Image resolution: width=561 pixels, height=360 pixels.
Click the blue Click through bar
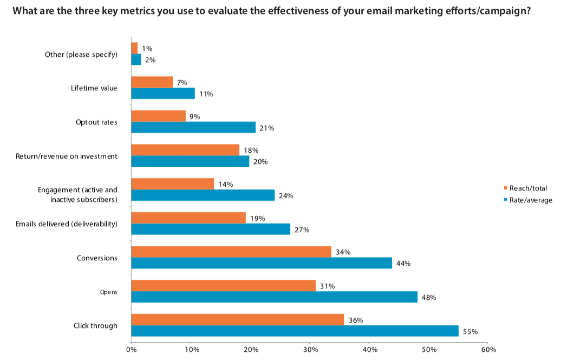295,331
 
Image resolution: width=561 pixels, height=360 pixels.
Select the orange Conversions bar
231,252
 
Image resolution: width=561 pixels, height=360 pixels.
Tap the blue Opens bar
275,297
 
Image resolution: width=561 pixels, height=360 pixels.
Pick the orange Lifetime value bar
152,82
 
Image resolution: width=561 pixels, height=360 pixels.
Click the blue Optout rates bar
193,127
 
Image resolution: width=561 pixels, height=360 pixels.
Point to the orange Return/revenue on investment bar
185,150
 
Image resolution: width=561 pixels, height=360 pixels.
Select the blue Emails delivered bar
211,229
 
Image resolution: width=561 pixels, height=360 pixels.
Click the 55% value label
470,332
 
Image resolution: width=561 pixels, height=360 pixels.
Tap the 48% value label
429,297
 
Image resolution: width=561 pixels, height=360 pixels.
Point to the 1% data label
147,48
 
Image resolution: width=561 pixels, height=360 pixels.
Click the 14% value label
225,184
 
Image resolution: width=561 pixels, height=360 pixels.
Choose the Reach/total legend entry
525,188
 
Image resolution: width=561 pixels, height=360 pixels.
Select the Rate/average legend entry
528,200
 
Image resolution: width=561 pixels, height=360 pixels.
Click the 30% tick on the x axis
310,349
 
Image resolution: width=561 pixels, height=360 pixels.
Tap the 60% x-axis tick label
488,349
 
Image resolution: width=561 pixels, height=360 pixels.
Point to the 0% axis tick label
131,349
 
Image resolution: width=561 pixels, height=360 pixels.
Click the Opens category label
108,292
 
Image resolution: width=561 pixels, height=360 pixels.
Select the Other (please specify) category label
81,54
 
